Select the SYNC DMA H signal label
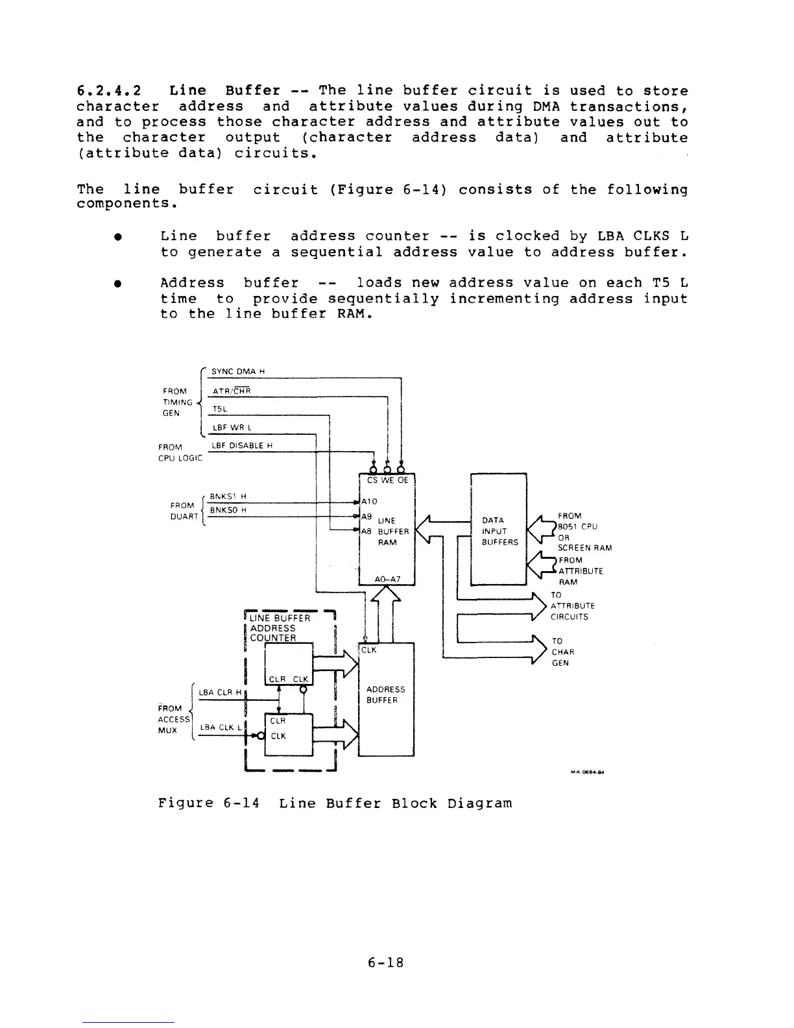click(238, 371)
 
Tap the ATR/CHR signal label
click(232, 391)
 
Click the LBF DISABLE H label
click(243, 445)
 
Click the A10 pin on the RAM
click(369, 502)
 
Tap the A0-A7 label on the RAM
click(387, 579)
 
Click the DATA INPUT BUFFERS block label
click(499, 531)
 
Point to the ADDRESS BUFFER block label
click(385, 695)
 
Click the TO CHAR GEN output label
click(560, 652)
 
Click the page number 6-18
click(385, 963)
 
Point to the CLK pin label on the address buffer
click(369, 650)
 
